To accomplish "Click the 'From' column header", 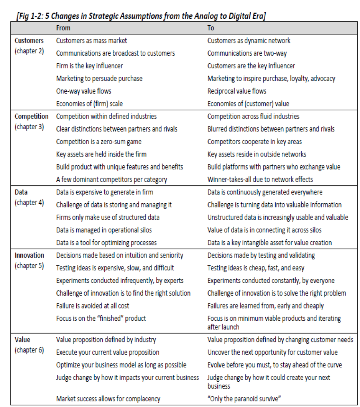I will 63,28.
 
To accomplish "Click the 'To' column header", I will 211,28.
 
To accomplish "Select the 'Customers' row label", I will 29,41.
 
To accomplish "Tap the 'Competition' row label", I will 31,116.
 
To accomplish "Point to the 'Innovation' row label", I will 29,255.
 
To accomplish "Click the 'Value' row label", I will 22,340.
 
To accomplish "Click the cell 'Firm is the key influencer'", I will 89,66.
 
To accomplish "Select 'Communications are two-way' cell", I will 247,53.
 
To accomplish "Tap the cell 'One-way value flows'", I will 84,91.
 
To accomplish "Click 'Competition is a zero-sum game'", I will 99,142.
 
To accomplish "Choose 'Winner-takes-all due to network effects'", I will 260,180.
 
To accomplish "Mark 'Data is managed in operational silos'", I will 104,230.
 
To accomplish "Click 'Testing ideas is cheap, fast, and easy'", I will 256,268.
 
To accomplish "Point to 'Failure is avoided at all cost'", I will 92,306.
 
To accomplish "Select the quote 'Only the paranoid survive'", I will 247,398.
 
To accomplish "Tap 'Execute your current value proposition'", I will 107,352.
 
